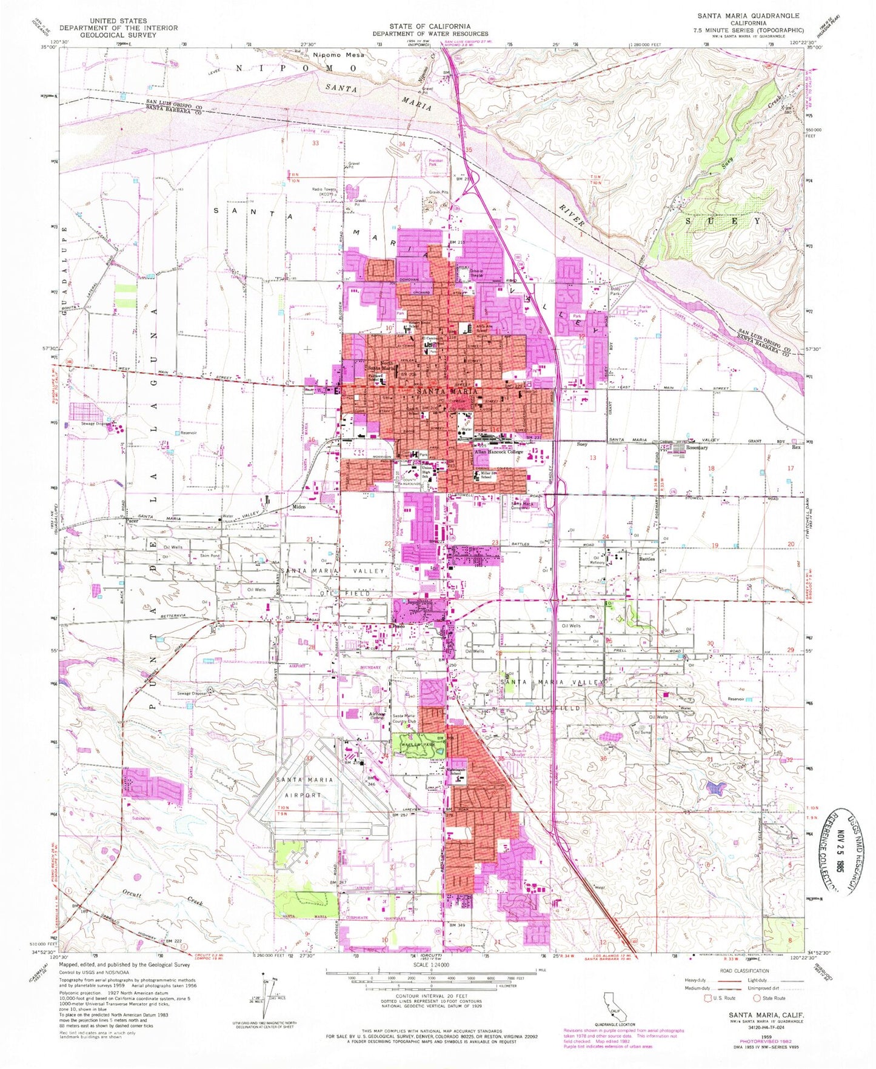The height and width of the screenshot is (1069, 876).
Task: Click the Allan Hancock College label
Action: [x=498, y=452]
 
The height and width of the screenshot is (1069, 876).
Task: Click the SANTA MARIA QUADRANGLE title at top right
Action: [x=748, y=16]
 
